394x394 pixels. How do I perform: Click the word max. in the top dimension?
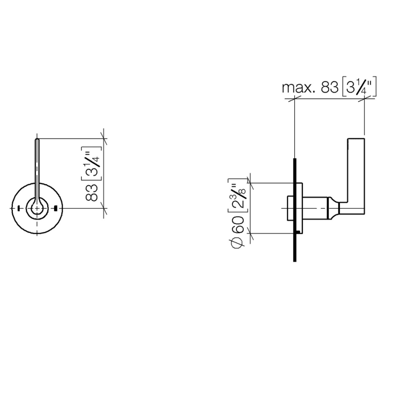(x=298, y=87)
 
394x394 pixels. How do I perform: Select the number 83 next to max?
(x=330, y=87)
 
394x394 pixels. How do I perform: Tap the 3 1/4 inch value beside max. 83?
(x=359, y=87)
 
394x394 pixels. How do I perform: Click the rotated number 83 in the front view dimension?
(x=92, y=192)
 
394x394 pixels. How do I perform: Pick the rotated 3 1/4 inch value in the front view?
(x=91, y=163)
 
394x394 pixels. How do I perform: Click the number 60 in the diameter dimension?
(x=238, y=225)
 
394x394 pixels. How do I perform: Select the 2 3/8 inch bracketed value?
(x=238, y=196)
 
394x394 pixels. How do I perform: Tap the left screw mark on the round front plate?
(x=19, y=208)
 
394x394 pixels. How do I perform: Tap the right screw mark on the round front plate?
(x=56, y=208)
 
